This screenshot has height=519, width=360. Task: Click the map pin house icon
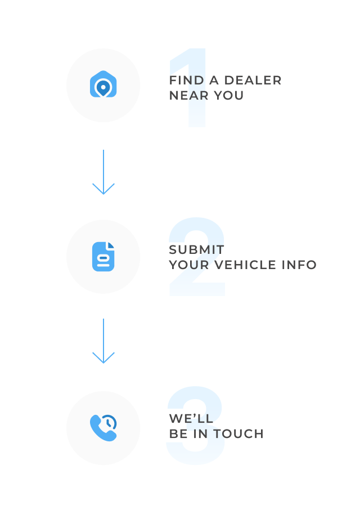pos(103,86)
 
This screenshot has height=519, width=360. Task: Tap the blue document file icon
pos(103,257)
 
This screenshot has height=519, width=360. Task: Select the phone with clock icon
pos(103,428)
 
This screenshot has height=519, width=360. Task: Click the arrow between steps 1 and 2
pos(103,172)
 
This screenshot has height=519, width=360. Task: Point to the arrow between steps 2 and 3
pos(103,341)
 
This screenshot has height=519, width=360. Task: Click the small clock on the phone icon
pos(110,422)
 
